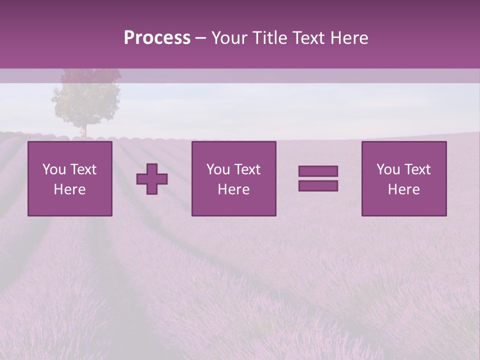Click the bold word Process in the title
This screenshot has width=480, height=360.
pyautogui.click(x=157, y=38)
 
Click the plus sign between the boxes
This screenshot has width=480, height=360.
pyautogui.click(x=152, y=179)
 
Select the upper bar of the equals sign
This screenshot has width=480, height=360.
pyautogui.click(x=318, y=171)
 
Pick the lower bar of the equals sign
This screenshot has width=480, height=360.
pyautogui.click(x=318, y=185)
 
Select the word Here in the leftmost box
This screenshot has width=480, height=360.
pyautogui.click(x=70, y=189)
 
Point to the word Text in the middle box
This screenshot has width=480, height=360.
pyautogui.click(x=247, y=169)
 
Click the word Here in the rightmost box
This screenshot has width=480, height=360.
pyautogui.click(x=404, y=189)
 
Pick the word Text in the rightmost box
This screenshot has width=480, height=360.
pyautogui.click(x=417, y=169)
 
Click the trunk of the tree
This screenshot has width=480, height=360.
pyautogui.click(x=84, y=131)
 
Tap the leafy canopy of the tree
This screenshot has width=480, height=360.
pyautogui.click(x=86, y=100)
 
